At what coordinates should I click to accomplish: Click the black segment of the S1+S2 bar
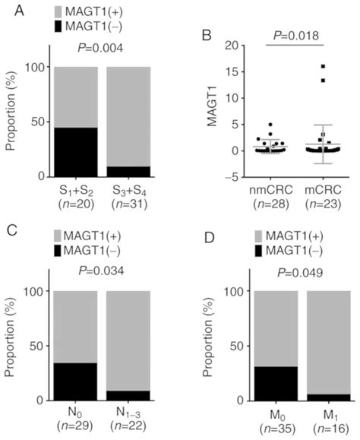[74, 151]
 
